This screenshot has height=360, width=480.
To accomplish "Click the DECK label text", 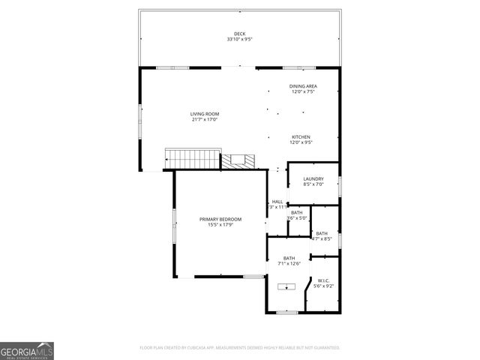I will [x=239, y=34].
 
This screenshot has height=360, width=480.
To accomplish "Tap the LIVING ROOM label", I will [x=205, y=114].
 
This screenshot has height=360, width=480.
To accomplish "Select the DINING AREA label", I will [x=303, y=86].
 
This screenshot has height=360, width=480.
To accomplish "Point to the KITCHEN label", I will [x=301, y=137].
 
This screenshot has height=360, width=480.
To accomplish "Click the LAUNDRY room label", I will [x=313, y=178].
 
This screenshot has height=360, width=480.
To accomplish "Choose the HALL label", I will [x=277, y=201].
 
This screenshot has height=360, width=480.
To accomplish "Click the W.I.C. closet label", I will [x=324, y=281].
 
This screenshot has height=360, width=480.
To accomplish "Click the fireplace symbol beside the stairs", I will [x=237, y=160].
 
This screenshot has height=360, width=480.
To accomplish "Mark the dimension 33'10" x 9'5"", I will [x=239, y=39].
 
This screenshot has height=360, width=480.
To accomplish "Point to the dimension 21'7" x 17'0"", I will [x=205, y=119].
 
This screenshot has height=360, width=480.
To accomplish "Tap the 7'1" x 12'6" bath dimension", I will [x=289, y=263].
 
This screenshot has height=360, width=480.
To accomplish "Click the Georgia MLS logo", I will [x=27, y=351].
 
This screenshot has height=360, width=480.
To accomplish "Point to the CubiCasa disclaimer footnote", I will [x=239, y=348].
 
